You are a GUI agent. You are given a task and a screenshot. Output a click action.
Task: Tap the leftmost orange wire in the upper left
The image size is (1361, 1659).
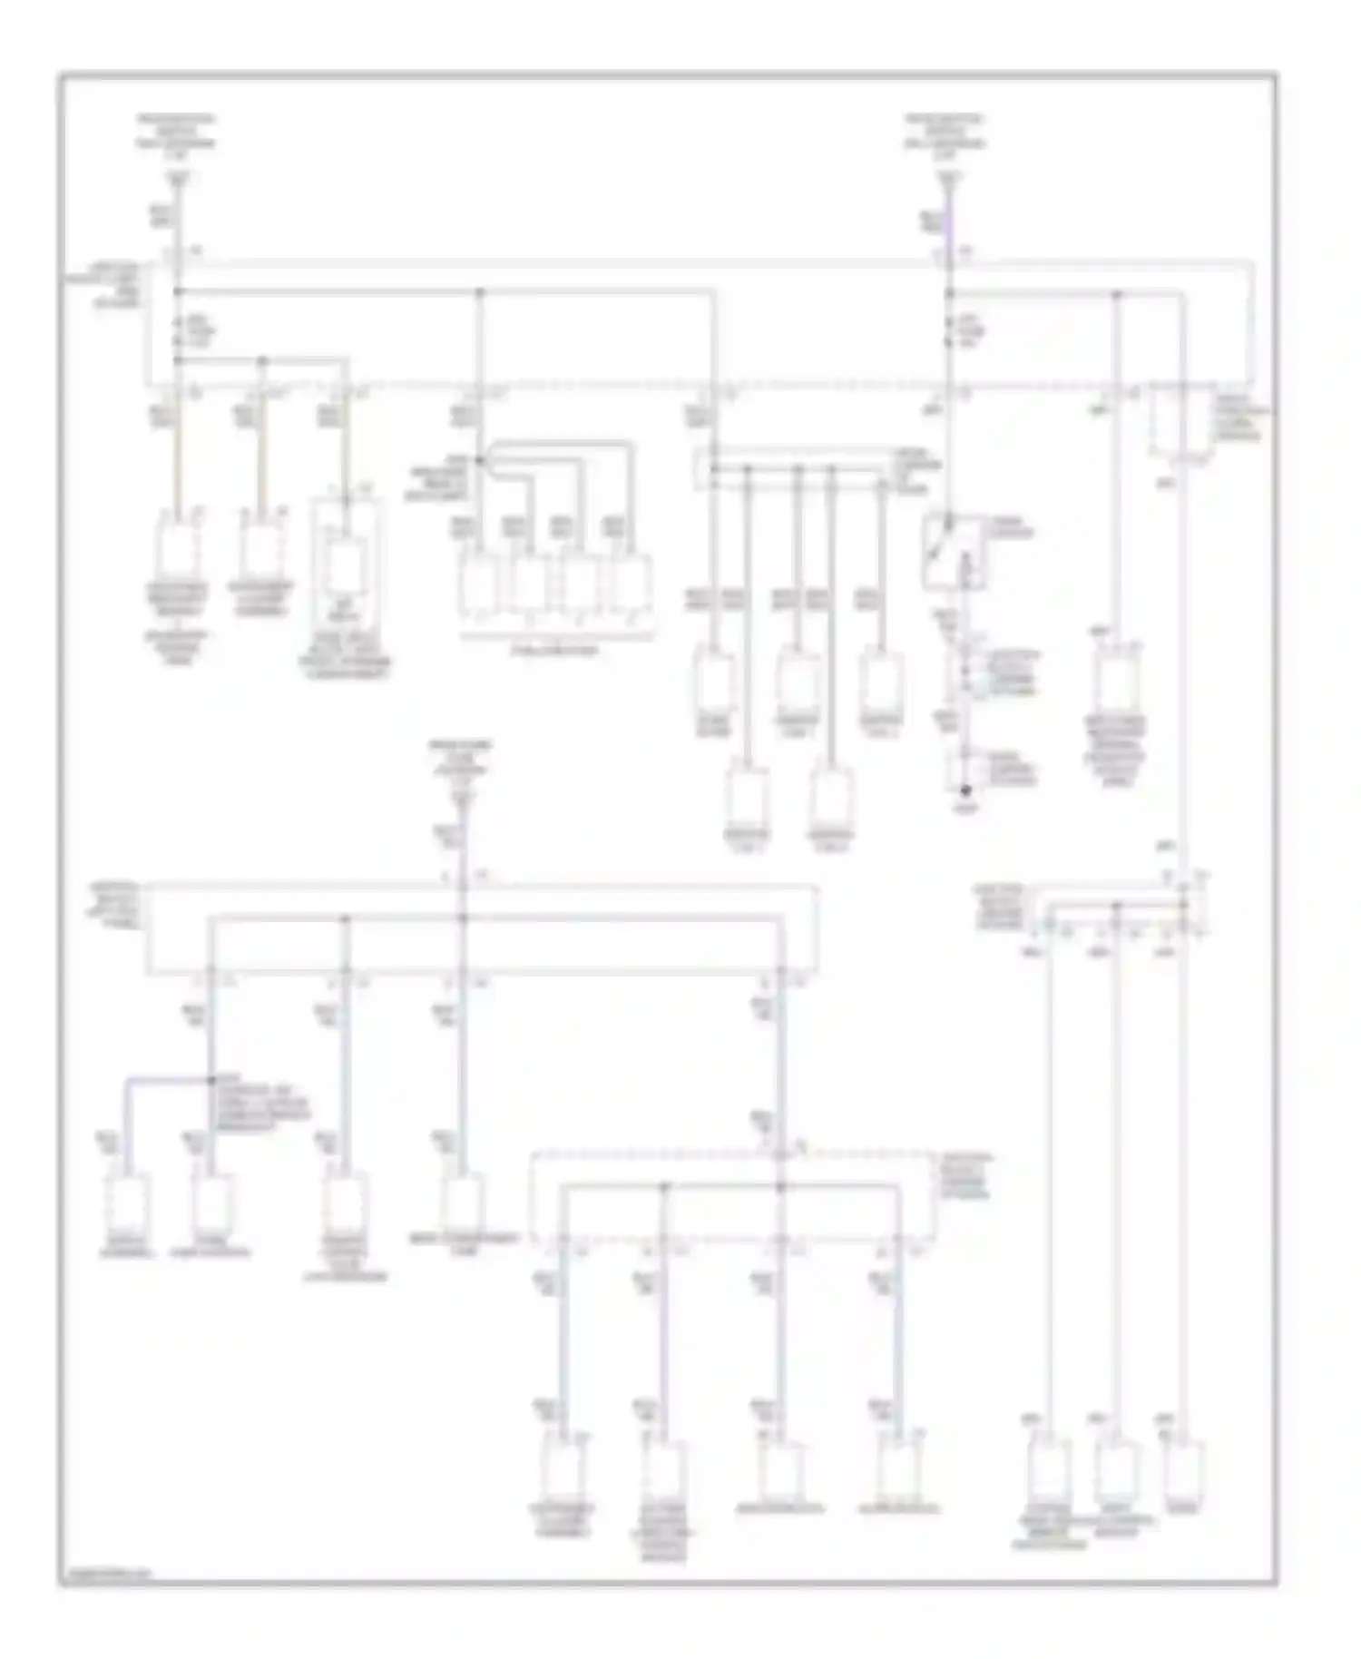coord(178,463)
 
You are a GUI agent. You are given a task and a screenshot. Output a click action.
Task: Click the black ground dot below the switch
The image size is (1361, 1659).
coord(965,791)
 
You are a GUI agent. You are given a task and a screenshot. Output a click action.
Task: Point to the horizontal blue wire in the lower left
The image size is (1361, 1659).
coord(168,1081)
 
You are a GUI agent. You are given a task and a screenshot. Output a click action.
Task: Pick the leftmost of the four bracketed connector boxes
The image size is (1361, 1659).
coord(477,584)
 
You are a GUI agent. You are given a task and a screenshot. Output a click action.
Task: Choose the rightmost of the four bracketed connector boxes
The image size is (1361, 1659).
coord(630,584)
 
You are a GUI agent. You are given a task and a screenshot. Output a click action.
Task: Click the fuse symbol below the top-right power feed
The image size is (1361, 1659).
coord(949,331)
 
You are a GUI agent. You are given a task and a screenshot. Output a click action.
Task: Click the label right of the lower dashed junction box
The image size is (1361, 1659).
coord(969,1177)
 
